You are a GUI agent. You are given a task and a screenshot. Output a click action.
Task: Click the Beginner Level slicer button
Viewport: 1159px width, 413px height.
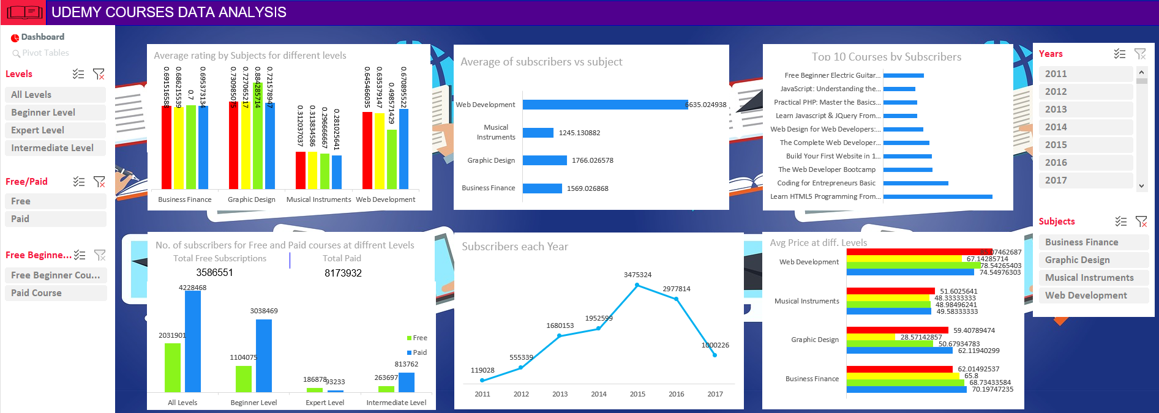55,113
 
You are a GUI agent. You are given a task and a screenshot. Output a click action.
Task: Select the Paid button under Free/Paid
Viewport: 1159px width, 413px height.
55,219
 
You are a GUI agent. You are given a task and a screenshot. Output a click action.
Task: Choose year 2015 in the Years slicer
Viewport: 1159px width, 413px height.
1085,145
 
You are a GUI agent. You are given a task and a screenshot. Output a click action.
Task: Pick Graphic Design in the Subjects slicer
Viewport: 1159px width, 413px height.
1093,260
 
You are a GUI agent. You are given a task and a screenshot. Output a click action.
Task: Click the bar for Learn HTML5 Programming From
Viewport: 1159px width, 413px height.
937,196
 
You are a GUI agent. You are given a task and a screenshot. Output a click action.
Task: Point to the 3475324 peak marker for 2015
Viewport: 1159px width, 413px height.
637,285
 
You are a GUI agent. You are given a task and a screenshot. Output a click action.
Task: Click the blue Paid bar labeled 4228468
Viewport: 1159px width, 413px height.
193,341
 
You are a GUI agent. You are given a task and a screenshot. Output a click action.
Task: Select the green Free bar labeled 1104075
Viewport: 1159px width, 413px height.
244,379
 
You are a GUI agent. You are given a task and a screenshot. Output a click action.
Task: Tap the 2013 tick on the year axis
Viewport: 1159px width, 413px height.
560,394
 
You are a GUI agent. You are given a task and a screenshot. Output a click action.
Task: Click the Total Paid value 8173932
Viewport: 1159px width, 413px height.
343,273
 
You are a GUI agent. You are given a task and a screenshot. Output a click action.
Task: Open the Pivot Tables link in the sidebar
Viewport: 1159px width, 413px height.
45,53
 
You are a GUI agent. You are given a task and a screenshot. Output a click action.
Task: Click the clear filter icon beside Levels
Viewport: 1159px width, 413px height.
99,74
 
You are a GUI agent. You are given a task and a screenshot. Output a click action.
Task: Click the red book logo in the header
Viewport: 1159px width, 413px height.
24,12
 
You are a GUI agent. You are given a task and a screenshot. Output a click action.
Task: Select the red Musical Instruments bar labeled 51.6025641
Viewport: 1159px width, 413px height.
890,291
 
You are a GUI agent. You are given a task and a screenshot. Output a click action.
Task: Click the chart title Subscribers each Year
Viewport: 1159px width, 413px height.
515,247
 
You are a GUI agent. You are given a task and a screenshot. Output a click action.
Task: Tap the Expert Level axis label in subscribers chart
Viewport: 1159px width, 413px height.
325,403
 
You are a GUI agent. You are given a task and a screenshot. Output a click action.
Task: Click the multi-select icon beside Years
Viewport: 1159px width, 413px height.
1119,54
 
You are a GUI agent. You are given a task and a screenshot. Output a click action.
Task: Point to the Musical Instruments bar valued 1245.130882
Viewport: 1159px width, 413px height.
538,133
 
